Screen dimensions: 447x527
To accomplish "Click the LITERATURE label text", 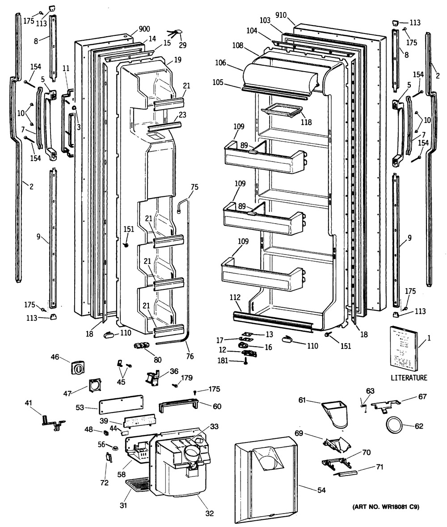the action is coord(409,378).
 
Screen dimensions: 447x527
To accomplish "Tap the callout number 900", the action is coord(144,29).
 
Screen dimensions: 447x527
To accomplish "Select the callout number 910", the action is coord(281,15).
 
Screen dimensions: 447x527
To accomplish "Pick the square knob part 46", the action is coord(78,368).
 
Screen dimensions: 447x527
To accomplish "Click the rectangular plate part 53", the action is coord(121,404).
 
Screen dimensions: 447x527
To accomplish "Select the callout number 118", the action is coord(306,122).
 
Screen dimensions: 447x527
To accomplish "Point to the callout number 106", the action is coord(221,63).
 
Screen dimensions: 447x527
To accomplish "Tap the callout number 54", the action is coord(321,490).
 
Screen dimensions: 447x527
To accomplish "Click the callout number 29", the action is coord(182,45).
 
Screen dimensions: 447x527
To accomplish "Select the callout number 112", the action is coord(235,297).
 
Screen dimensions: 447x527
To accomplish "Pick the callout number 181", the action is coord(223,361).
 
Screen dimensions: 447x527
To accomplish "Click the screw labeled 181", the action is coord(245,361).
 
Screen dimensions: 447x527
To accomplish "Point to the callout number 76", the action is coord(190,356).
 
